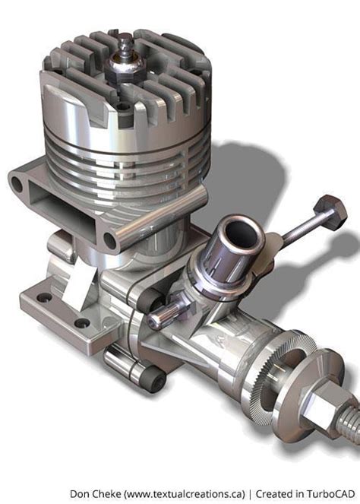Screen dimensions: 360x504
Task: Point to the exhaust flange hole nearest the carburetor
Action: pos(110,240)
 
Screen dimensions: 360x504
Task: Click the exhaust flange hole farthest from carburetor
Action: pos(17,184)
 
